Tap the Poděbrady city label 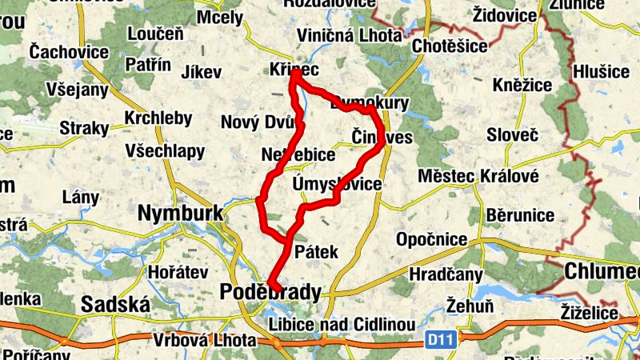click(x=269, y=293)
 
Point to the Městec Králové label click(x=479, y=175)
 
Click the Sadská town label click(x=116, y=305)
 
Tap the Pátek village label click(x=317, y=252)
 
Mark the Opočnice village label click(x=432, y=239)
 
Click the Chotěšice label click(x=450, y=46)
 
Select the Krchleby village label click(x=158, y=118)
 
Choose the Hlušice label click(x=602, y=72)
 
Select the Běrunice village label click(x=521, y=214)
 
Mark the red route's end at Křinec click(x=293, y=75)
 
